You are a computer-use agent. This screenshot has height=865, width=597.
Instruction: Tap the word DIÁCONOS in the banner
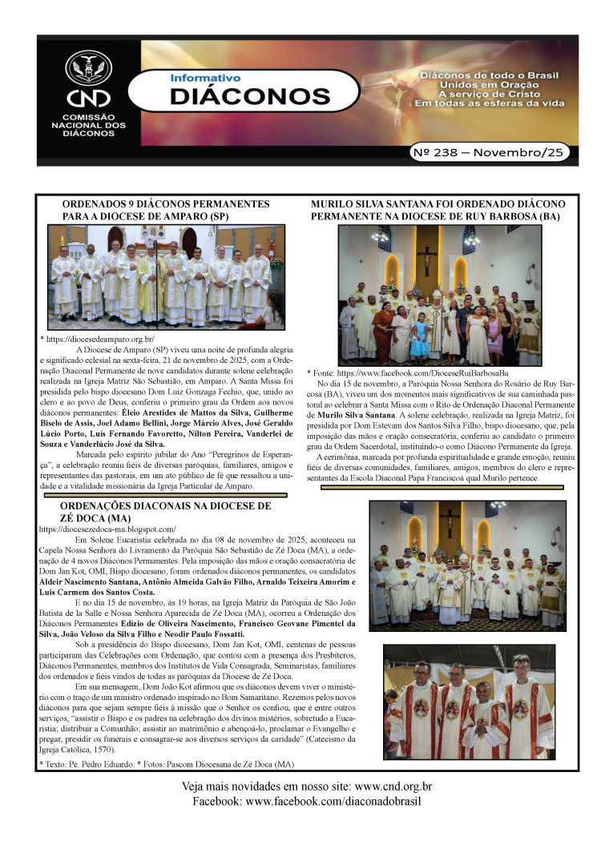pyautogui.click(x=250, y=97)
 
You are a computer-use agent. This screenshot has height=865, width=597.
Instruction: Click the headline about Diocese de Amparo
pyautogui.click(x=165, y=211)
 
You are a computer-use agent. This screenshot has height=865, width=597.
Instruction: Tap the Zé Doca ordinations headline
pyautogui.click(x=165, y=512)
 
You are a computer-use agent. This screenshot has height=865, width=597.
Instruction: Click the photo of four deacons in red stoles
pyautogui.click(x=468, y=702)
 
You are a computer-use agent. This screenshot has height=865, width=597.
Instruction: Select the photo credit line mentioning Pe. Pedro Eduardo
pyautogui.click(x=167, y=765)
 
